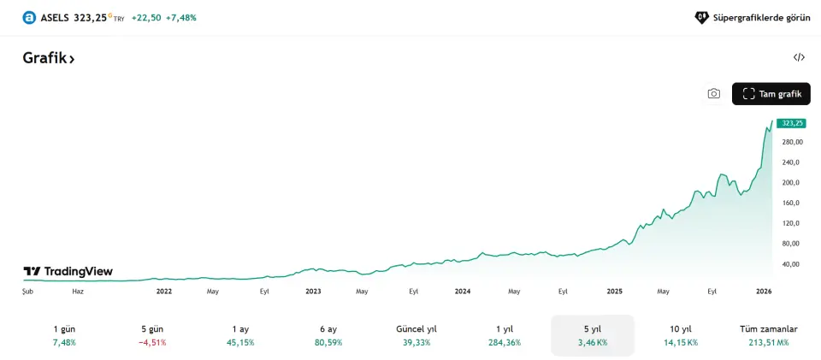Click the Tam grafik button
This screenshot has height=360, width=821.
(x=771, y=94)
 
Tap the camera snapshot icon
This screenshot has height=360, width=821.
(x=713, y=94)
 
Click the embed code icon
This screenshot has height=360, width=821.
(x=799, y=58)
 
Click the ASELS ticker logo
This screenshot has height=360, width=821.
(x=29, y=17)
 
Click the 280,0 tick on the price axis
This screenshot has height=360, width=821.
(x=791, y=142)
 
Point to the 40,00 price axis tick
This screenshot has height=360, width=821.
(x=791, y=264)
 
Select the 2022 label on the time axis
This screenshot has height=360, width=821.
(x=164, y=292)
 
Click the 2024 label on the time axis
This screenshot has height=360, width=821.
(x=463, y=292)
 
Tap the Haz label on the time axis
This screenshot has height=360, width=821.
(x=78, y=292)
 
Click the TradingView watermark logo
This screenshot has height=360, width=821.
(x=68, y=272)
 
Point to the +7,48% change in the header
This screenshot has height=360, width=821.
(x=181, y=17)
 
